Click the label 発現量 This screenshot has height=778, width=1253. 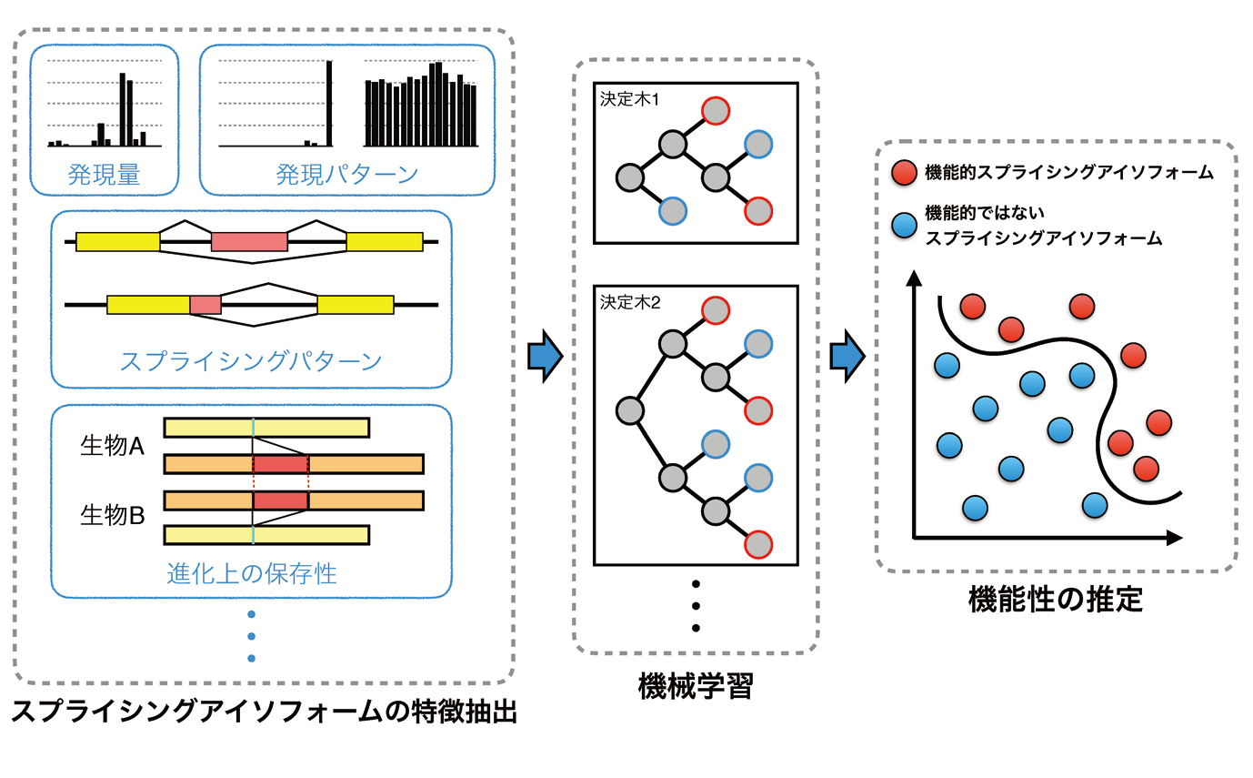coord(104,175)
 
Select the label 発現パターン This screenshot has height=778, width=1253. coord(346,175)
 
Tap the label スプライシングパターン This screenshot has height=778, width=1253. coord(250,361)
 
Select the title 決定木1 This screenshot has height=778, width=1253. coord(629,99)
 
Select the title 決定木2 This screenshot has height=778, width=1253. coord(629,301)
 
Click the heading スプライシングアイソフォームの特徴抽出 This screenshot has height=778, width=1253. coord(264,711)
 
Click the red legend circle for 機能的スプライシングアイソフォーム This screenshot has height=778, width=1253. coord(903,173)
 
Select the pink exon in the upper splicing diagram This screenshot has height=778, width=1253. coord(249,241)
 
